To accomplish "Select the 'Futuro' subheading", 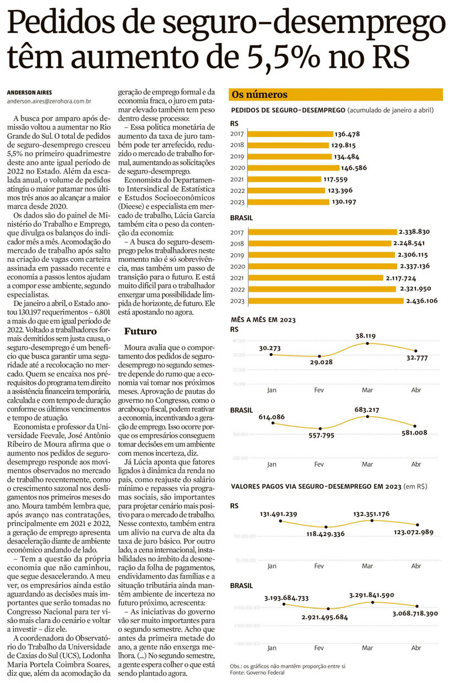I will pos(140,331).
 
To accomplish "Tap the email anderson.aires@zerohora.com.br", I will pos(50,101).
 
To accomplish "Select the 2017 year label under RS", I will pos(237,134).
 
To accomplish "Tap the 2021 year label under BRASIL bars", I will pos(237,278).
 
